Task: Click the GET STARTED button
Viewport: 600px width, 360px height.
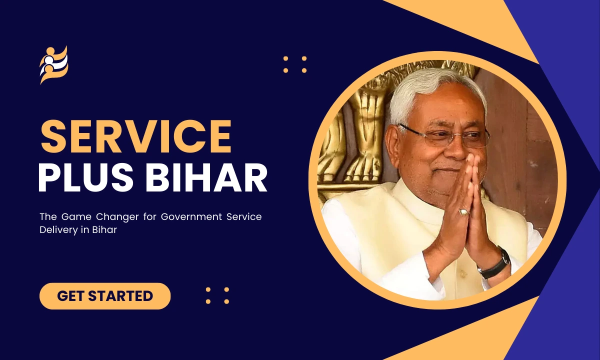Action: (105, 296)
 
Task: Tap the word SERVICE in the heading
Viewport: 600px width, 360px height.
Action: (136, 136)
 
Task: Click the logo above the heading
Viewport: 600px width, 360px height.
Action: (54, 65)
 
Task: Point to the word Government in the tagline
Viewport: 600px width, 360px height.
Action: (191, 216)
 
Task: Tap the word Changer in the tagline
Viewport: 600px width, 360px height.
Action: (117, 217)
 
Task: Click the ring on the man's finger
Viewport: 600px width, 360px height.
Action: (464, 212)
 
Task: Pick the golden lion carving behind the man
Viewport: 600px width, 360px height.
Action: (367, 118)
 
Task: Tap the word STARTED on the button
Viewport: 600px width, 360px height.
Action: (120, 296)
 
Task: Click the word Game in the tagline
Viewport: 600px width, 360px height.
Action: (76, 216)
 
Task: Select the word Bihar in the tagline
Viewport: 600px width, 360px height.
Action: (104, 230)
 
